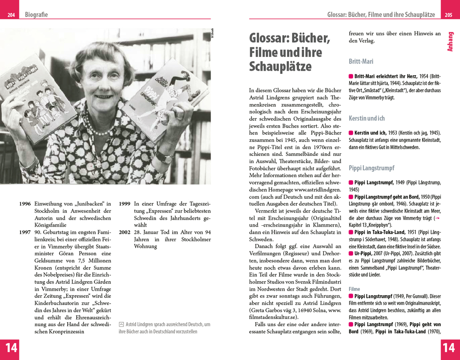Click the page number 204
(11, 15)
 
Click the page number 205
(448, 15)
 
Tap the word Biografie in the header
(36, 15)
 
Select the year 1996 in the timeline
(25, 204)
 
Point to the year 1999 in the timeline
(124, 204)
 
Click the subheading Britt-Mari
(361, 61)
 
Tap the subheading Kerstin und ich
(367, 118)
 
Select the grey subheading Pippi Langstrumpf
(371, 168)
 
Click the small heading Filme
(354, 288)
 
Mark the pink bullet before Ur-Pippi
(351, 254)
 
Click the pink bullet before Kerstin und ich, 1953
(351, 133)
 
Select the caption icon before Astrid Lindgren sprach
(121, 324)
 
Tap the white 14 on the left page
(11, 348)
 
